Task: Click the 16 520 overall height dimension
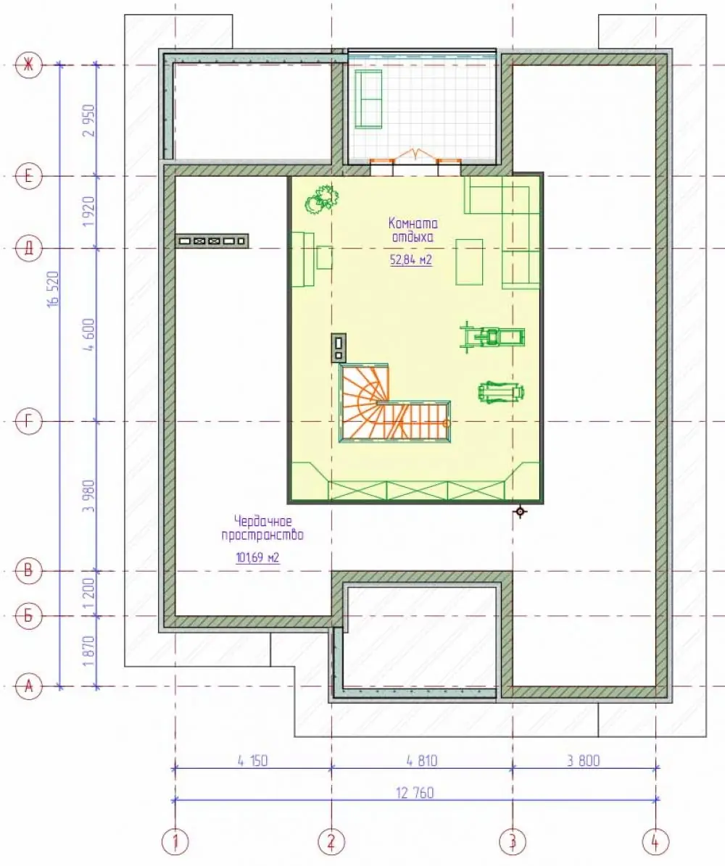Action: [53, 289]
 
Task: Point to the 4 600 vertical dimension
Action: [90, 334]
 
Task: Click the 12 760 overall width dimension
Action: [415, 793]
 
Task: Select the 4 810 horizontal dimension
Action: [422, 760]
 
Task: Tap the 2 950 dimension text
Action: [90, 120]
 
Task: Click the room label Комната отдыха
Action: [413, 230]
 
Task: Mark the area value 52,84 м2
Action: [411, 259]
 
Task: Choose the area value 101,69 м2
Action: [257, 557]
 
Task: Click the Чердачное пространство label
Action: [262, 528]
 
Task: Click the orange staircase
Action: [394, 403]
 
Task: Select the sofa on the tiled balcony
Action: [368, 99]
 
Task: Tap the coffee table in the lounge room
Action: [469, 262]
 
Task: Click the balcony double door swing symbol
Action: [415, 154]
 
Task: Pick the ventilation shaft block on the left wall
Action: [212, 241]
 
